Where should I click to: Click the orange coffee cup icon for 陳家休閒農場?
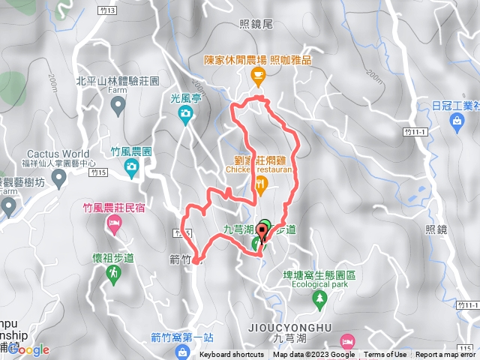coord(259,74)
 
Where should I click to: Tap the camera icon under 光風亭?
coord(185,114)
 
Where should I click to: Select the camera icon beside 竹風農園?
coord(133,165)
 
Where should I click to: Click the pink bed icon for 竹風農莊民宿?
coord(114,223)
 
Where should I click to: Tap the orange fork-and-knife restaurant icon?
coord(260,184)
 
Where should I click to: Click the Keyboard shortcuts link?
coord(232,355)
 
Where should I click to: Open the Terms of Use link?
coord(385,355)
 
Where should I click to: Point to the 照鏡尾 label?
coord(257,24)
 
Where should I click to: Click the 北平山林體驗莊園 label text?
coord(118,80)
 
